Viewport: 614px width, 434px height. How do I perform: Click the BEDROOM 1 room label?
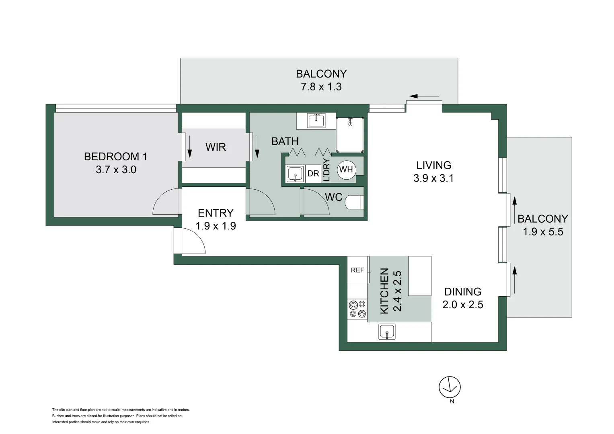116,156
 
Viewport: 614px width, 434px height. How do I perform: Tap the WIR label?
216,147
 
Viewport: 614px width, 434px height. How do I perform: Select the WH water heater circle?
346,170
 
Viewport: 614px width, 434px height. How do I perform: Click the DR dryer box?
313,174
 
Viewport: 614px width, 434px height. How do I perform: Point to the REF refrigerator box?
357,270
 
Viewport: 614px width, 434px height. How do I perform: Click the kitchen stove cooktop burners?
357,309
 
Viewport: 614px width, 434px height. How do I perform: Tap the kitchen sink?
387,332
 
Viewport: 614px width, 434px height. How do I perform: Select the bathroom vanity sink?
316,120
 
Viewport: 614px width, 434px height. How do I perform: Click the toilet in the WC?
354,202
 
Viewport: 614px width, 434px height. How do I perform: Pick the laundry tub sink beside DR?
296,174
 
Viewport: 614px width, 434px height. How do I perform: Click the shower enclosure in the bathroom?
350,135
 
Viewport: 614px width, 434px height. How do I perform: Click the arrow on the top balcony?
424,96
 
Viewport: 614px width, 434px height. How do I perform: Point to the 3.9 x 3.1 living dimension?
433,178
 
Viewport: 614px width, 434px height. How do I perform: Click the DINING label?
462,291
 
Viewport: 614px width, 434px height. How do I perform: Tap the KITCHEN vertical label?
385,291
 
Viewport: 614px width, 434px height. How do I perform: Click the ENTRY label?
216,213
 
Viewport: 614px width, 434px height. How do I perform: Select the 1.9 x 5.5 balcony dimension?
543,232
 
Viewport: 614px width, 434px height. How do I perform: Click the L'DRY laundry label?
327,170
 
